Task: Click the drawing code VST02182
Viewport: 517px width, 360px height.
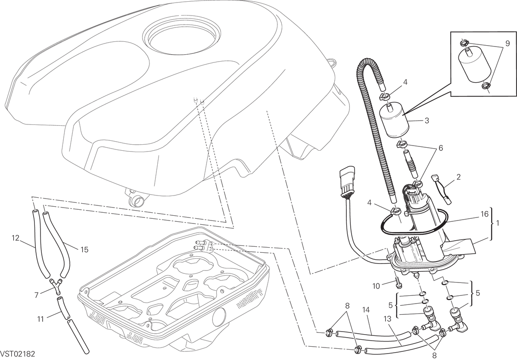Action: click(x=18, y=354)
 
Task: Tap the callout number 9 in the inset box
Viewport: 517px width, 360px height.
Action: click(x=508, y=43)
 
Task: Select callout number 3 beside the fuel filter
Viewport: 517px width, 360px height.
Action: click(x=427, y=121)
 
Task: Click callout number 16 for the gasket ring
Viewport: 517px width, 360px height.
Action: click(x=485, y=214)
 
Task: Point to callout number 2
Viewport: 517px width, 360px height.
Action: click(x=458, y=177)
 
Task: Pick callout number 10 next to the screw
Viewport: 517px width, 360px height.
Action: click(x=376, y=286)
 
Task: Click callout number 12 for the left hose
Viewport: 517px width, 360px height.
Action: click(x=16, y=238)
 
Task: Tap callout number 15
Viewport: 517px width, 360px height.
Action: click(x=85, y=249)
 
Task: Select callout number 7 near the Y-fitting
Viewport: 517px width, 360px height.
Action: click(x=36, y=295)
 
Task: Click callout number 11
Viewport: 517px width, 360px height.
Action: click(x=40, y=320)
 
